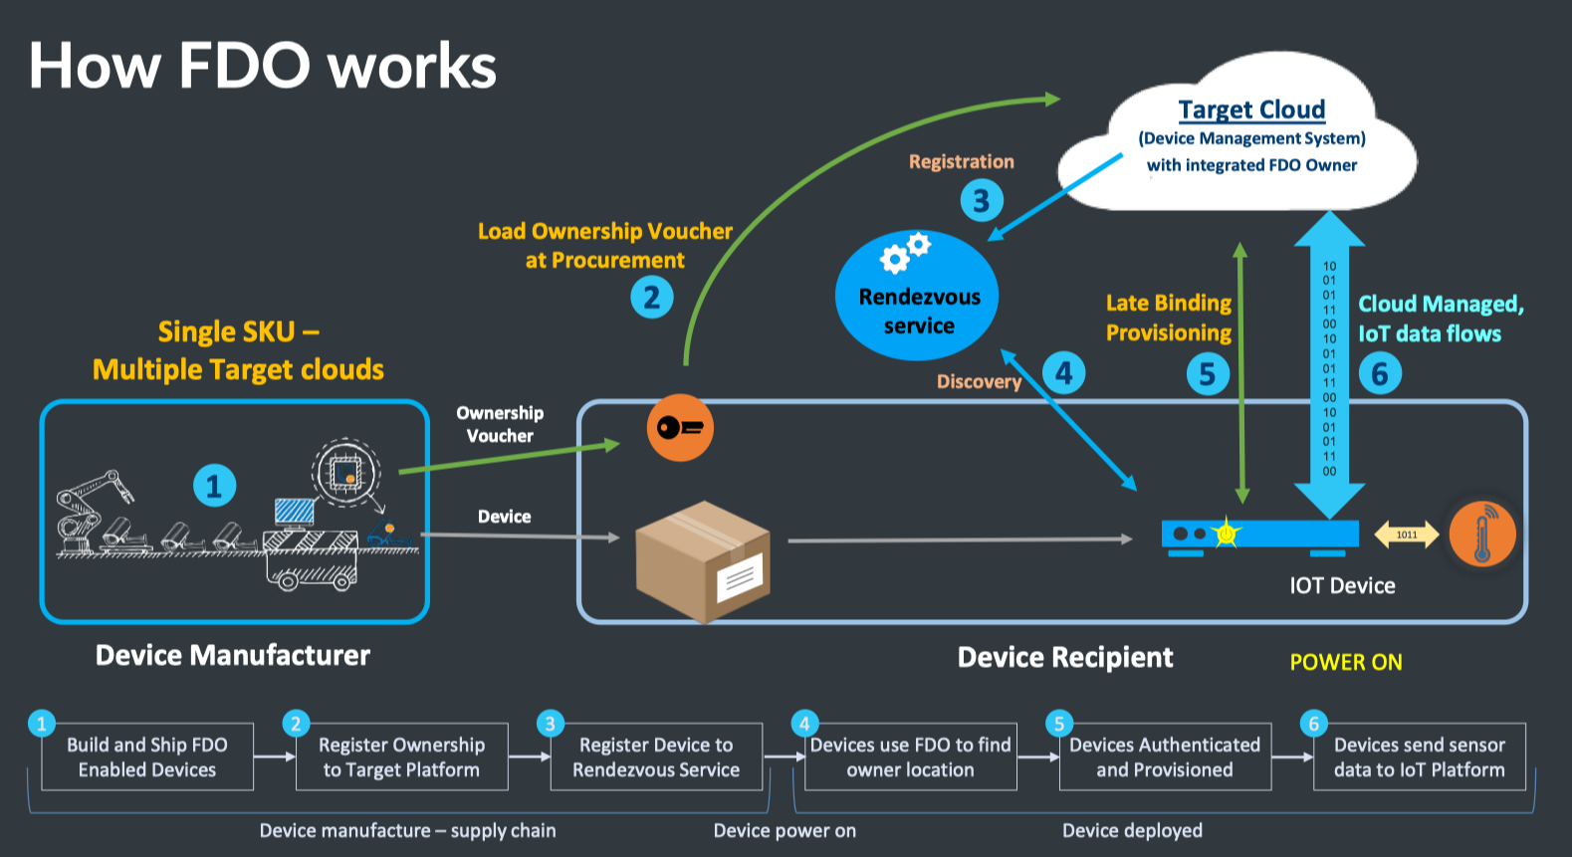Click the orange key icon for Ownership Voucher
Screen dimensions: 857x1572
(x=680, y=428)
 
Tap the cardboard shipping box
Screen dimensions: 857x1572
(x=703, y=560)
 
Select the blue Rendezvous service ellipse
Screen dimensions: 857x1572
(x=917, y=297)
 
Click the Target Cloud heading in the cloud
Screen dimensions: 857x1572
(x=1251, y=109)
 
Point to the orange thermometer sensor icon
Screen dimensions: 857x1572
(x=1481, y=535)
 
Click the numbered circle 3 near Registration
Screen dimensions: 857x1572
(x=981, y=201)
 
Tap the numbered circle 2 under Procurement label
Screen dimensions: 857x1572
(x=652, y=297)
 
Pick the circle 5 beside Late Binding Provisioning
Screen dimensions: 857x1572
(x=1208, y=374)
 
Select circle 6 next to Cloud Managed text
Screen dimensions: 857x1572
(x=1380, y=374)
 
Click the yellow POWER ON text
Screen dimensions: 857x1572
(x=1346, y=663)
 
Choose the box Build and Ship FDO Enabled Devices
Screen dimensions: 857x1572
(x=147, y=757)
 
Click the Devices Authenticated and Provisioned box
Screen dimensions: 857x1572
(x=1165, y=757)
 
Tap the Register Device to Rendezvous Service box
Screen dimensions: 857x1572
(x=656, y=757)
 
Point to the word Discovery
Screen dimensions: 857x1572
(x=979, y=381)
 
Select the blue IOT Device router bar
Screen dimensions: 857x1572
(x=1259, y=535)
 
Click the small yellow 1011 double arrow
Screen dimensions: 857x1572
(x=1406, y=535)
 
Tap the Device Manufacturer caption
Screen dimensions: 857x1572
(x=232, y=655)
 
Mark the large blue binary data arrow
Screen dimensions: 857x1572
(x=1329, y=368)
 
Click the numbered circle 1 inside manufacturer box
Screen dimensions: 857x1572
(x=214, y=486)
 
